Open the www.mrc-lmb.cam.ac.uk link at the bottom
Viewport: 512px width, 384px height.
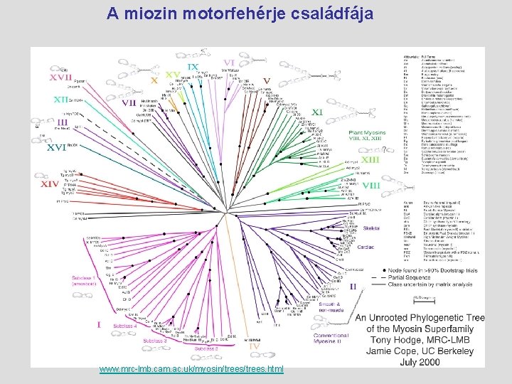191,369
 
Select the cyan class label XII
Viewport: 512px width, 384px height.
63,100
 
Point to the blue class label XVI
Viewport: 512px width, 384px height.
56,148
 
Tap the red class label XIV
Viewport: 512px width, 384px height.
50,183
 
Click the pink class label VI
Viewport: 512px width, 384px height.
230,63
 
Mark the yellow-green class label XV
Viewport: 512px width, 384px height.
172,74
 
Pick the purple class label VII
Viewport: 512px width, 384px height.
129,102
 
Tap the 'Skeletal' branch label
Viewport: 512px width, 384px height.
370,228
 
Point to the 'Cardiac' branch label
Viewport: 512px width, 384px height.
366,247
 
